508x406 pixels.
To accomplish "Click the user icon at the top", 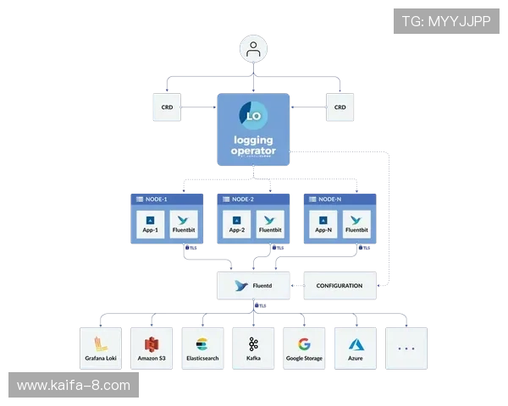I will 252,50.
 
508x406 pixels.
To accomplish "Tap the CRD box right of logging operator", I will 340,107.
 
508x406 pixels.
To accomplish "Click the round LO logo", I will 253,116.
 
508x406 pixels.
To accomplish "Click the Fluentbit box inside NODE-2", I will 270,223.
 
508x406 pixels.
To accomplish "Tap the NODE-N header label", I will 331,200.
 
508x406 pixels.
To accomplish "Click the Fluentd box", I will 254,286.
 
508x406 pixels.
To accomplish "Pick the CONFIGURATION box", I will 339,286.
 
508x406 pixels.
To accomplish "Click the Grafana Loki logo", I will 100,344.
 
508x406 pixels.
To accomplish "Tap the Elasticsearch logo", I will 202,344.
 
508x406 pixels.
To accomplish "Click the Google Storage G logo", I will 305,344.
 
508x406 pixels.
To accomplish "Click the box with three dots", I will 406,348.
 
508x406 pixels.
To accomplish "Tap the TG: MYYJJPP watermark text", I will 446,21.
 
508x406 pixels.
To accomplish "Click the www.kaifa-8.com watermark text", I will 74,386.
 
